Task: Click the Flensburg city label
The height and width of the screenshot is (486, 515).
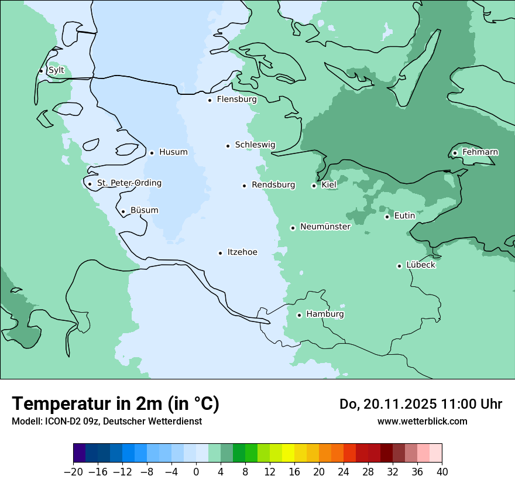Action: (236, 100)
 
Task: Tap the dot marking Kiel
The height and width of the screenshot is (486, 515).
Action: (314, 186)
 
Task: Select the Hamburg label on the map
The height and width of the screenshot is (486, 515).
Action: (325, 314)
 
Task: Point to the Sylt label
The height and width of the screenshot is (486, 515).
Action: (56, 70)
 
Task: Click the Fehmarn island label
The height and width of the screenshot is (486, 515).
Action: (480, 152)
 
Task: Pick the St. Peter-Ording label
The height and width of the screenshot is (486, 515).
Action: (129, 183)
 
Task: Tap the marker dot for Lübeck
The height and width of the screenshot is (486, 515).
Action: (399, 266)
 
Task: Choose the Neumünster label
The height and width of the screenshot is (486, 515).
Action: (325, 227)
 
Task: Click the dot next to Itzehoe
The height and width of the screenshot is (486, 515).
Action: (220, 253)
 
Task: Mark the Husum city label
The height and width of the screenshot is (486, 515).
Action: (173, 152)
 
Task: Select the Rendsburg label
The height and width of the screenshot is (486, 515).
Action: (273, 185)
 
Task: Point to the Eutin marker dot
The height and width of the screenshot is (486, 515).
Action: (387, 217)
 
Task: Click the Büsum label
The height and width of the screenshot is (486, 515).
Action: (144, 210)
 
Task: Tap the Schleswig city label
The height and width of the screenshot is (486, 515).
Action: (255, 145)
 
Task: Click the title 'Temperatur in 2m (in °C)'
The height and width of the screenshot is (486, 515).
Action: (115, 403)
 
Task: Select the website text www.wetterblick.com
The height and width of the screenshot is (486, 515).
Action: (422, 421)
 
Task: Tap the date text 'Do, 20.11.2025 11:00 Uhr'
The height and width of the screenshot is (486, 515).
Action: (420, 404)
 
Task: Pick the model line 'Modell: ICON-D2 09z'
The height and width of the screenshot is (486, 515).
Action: (107, 421)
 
